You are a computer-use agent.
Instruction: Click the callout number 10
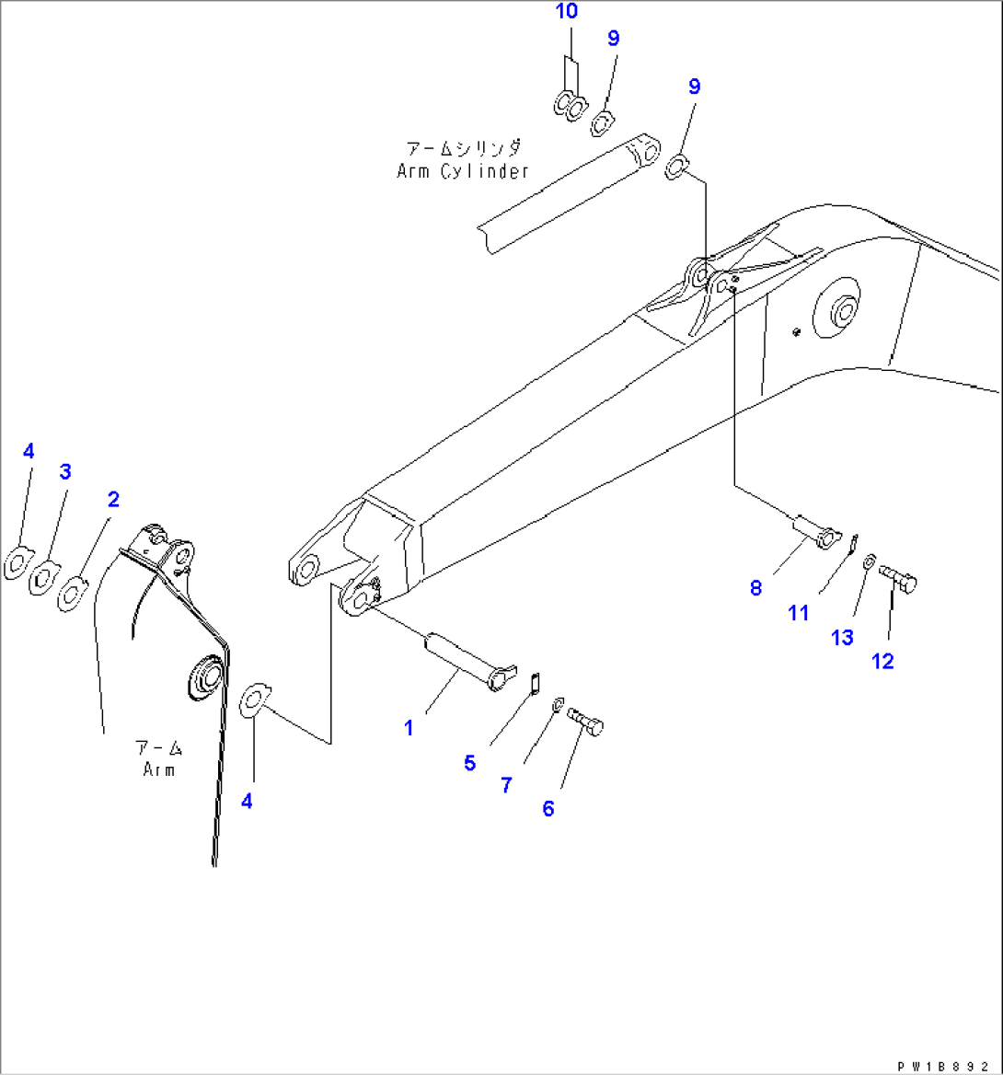pyautogui.click(x=567, y=12)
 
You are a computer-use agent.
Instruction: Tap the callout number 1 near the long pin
pyautogui.click(x=409, y=728)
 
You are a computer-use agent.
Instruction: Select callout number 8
pyautogui.click(x=755, y=588)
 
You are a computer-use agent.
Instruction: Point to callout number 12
pyautogui.click(x=882, y=661)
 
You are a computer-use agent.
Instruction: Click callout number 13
pyautogui.click(x=842, y=638)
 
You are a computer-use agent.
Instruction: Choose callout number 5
pyautogui.click(x=469, y=763)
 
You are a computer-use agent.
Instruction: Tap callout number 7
pyautogui.click(x=506, y=785)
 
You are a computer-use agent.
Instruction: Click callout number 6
pyautogui.click(x=548, y=809)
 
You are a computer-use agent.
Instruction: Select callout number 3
pyautogui.click(x=65, y=472)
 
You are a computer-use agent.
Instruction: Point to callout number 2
pyautogui.click(x=113, y=500)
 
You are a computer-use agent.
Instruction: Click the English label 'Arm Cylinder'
pyautogui.click(x=463, y=171)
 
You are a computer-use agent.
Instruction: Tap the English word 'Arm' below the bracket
pyautogui.click(x=158, y=769)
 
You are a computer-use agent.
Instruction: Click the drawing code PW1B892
pyautogui.click(x=948, y=1064)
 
